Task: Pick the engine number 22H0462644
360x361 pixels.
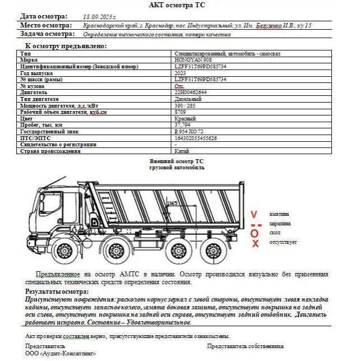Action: coord(191,92)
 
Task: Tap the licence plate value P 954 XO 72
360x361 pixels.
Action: coord(190,132)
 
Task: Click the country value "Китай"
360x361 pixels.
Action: coord(182,151)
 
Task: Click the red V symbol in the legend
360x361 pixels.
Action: coord(255,215)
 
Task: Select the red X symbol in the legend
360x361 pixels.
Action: coord(255,243)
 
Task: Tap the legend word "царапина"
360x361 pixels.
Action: coord(280,224)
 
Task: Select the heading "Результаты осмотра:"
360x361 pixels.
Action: coord(57,291)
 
